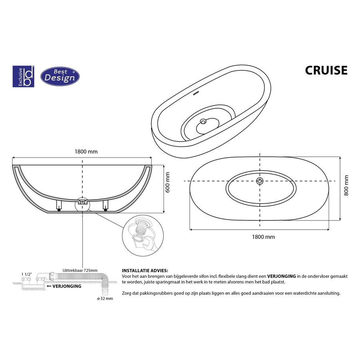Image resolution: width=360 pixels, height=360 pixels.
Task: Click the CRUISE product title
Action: pos(326,70)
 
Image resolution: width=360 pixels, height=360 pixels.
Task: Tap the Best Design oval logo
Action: pos(60,76)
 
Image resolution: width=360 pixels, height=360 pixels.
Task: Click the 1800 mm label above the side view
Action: pos(86,152)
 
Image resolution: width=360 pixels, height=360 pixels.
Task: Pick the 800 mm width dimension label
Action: pos(346,186)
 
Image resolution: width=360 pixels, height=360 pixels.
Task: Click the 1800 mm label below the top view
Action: pos(263,237)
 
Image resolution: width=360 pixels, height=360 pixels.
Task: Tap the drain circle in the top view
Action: pos(260,181)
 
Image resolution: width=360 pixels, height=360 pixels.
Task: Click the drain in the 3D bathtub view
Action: pos(204,121)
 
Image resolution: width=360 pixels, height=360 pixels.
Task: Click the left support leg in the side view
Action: pos(59,206)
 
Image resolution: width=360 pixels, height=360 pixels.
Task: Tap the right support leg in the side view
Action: pos(106,206)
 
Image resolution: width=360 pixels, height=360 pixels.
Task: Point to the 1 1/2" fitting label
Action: pos(26,274)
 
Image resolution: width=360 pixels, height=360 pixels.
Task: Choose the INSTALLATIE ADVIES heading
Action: pos(145,271)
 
